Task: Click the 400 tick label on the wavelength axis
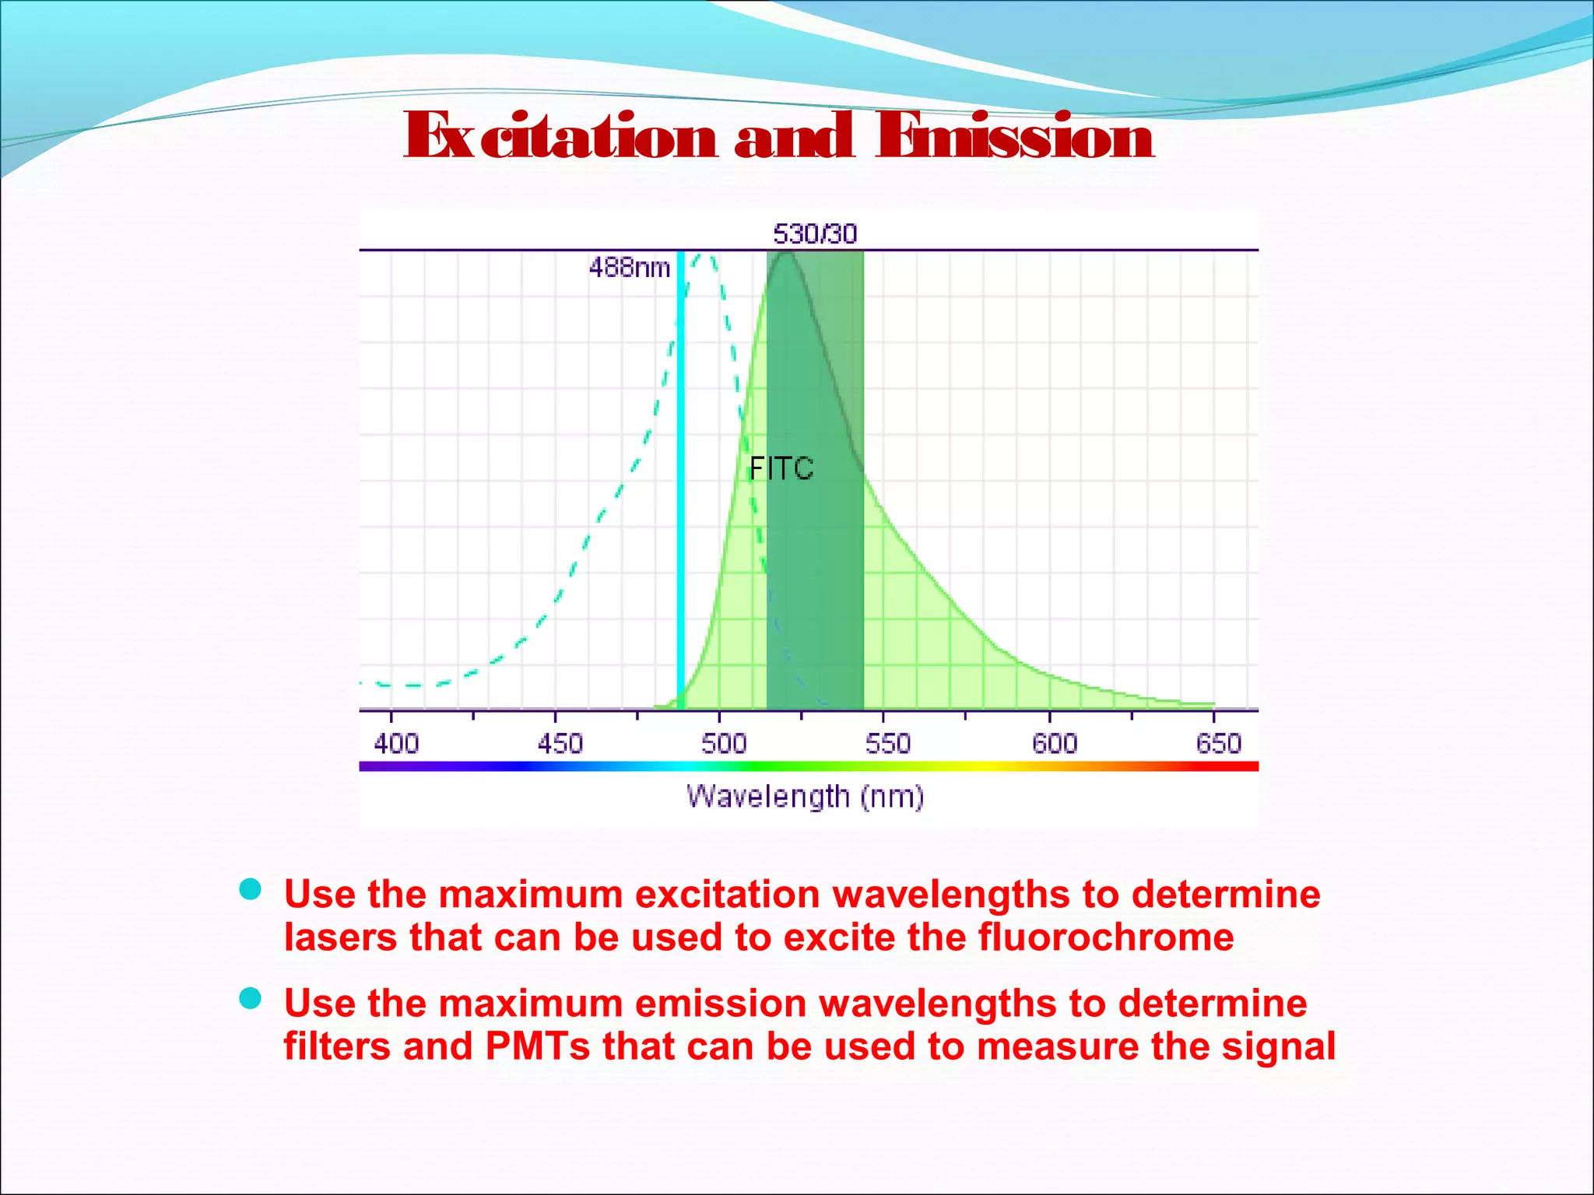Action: pyautogui.click(x=395, y=744)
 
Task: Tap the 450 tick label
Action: pyautogui.click(x=560, y=744)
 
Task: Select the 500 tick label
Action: pyautogui.click(x=723, y=744)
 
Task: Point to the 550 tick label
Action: pyautogui.click(x=887, y=744)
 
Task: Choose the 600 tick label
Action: pyautogui.click(x=1054, y=744)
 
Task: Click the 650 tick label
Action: pyautogui.click(x=1218, y=744)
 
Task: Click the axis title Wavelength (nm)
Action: pyautogui.click(x=805, y=797)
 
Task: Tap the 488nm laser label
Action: pyautogui.click(x=629, y=268)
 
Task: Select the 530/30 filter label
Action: pyautogui.click(x=814, y=233)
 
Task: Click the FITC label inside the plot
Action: pyautogui.click(x=781, y=468)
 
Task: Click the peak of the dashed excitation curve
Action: pyautogui.click(x=705, y=255)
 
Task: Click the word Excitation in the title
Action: pyautogui.click(x=560, y=136)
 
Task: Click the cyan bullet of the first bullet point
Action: pyautogui.click(x=250, y=889)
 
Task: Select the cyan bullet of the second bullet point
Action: pyautogui.click(x=250, y=998)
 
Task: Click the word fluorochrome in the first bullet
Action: pyautogui.click(x=1105, y=937)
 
